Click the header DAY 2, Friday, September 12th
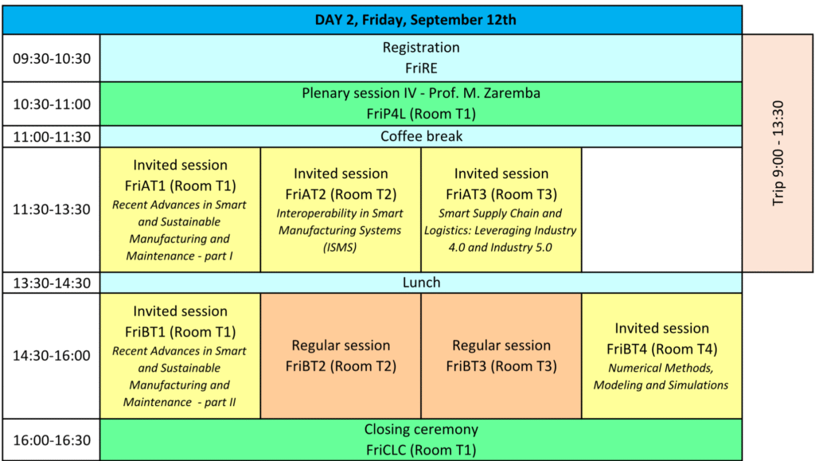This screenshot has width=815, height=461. (415, 20)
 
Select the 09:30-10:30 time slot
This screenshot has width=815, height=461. (52, 58)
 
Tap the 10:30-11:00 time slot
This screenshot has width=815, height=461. (52, 104)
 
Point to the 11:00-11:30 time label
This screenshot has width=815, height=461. (52, 137)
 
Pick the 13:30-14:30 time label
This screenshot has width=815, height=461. (52, 283)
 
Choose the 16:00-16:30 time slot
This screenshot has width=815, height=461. (52, 440)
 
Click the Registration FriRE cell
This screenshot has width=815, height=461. (421, 58)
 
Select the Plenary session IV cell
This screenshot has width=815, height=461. (421, 104)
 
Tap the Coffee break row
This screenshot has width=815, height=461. (421, 137)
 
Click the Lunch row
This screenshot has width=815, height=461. (421, 283)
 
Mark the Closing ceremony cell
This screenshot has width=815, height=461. (421, 440)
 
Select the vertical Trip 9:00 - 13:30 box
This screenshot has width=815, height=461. (778, 154)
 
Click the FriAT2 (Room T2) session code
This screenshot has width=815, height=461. (341, 194)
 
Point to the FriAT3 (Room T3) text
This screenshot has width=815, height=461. (501, 194)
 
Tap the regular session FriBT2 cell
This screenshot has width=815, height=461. (341, 356)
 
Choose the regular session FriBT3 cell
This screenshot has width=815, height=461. (501, 356)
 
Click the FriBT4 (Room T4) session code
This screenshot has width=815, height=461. (661, 350)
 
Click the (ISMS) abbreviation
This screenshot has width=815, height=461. (340, 248)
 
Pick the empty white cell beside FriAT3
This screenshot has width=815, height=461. (661, 209)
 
